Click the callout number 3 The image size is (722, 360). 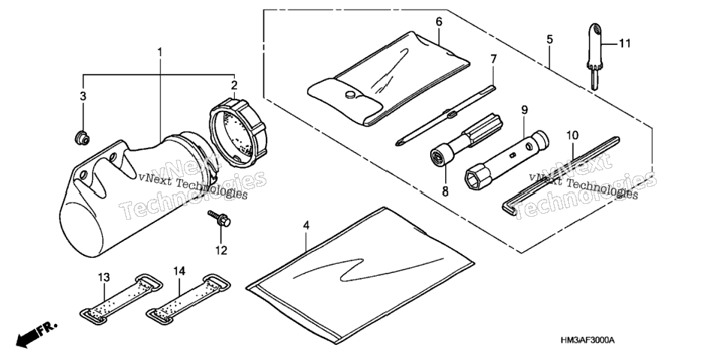[x=83, y=96]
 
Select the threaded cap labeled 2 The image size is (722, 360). [x=238, y=132]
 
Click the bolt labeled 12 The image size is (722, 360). [x=219, y=217]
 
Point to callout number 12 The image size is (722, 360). [x=221, y=250]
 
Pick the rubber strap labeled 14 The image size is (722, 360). [x=188, y=298]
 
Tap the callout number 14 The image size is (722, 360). [x=179, y=271]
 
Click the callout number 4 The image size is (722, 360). [x=306, y=225]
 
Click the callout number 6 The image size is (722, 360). [x=438, y=22]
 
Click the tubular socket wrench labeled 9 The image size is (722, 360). [x=506, y=158]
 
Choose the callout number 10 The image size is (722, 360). [x=572, y=136]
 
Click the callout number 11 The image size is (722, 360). [x=624, y=43]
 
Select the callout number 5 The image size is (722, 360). [x=549, y=40]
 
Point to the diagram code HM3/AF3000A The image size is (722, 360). [x=587, y=340]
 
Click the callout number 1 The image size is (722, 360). [x=160, y=52]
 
